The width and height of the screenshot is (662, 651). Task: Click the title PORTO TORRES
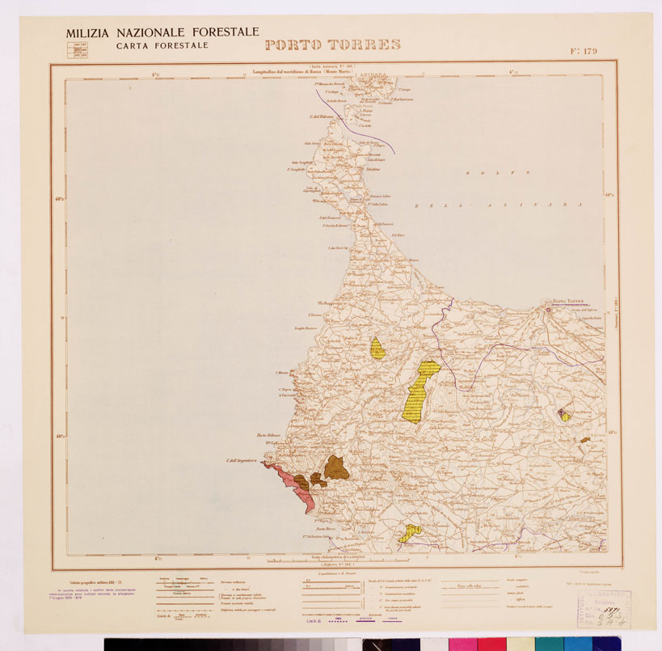point(332,44)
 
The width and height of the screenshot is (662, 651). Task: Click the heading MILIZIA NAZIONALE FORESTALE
point(162,32)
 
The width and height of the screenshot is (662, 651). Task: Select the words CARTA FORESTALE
point(156,46)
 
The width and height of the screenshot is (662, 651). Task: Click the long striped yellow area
point(420,392)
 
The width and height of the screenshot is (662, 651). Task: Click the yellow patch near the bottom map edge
point(411,532)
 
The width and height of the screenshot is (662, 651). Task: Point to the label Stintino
point(373,170)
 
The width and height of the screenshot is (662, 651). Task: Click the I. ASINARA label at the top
point(371,75)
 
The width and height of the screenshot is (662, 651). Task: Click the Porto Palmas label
point(268,436)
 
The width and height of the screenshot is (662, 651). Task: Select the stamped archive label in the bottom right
point(603,609)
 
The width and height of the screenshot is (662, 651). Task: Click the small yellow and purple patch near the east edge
point(565,415)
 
